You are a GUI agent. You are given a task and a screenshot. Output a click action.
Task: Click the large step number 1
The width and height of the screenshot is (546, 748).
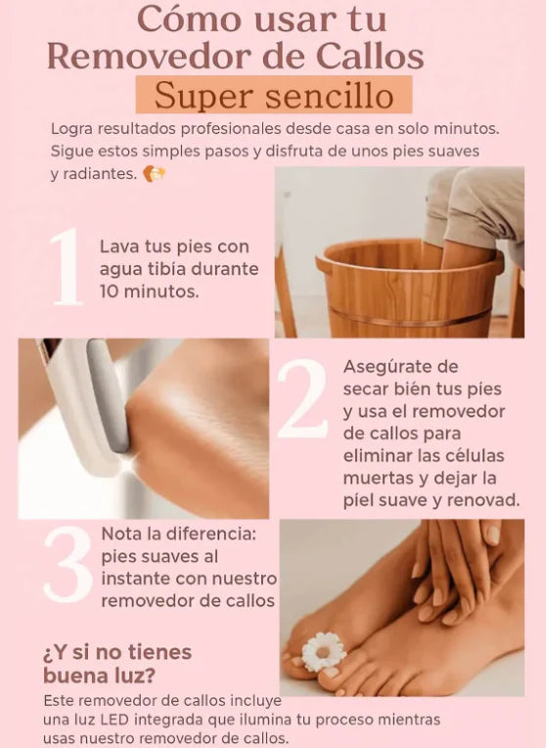coord(67,267)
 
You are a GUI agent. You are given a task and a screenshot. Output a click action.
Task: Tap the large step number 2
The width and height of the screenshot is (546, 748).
coord(302,399)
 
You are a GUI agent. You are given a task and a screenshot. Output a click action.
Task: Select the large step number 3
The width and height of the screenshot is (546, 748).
coord(68,564)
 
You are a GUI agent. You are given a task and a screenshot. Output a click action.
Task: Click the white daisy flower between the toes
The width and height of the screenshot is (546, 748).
coord(324,651)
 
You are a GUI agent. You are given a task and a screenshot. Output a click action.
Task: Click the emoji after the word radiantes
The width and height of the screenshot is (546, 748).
coord(155,174)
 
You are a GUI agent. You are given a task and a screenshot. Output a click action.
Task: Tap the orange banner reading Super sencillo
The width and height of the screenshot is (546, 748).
coord(274,95)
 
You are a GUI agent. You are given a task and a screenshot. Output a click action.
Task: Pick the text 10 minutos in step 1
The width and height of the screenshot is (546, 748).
coord(150,291)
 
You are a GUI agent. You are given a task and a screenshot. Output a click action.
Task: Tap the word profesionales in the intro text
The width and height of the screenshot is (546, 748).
coord(231,129)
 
